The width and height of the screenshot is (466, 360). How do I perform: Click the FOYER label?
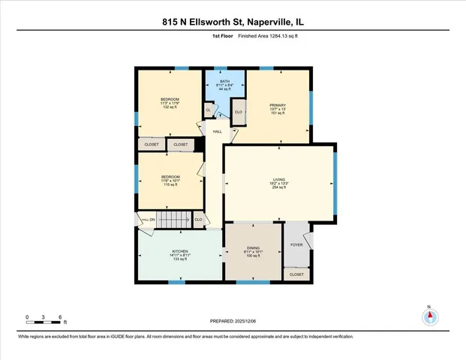point(296,244)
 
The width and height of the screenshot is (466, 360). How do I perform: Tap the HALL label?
point(218,132)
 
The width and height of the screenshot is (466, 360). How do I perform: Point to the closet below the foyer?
point(296,275)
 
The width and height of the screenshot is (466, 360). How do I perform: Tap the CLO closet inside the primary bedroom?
point(239,112)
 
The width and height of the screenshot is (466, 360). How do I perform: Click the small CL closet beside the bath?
point(208,110)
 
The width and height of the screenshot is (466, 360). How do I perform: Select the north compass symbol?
point(430,316)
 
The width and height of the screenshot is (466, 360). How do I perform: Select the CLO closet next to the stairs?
point(199,219)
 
